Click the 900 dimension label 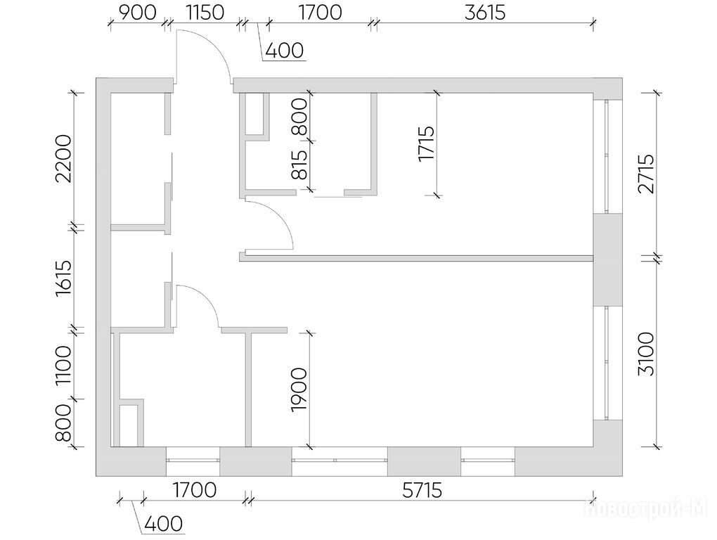click(x=137, y=13)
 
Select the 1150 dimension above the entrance click(x=205, y=13)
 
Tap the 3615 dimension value click(x=485, y=13)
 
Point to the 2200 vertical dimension click(x=63, y=159)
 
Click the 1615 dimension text click(x=63, y=278)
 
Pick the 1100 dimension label click(x=63, y=366)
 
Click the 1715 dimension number click(x=426, y=143)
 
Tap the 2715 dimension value click(x=647, y=174)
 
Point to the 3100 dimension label click(x=647, y=354)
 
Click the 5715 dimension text click(x=422, y=491)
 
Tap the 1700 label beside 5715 click(x=195, y=491)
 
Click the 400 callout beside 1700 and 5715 click(x=163, y=524)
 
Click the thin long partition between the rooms click(x=416, y=258)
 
